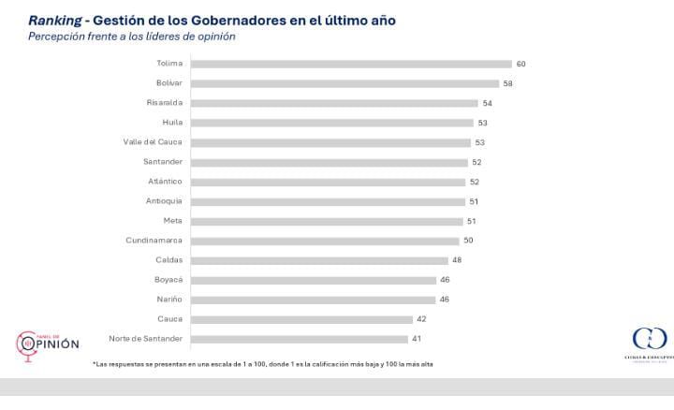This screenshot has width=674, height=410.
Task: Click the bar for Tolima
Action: pyautogui.click(x=351, y=64)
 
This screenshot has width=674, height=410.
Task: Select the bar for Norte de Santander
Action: pyautogui.click(x=300, y=339)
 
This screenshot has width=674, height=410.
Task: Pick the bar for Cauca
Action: pyautogui.click(x=301, y=319)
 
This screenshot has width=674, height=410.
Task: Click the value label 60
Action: pyautogui.click(x=521, y=64)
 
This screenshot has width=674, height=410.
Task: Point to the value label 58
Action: pyautogui.click(x=506, y=83)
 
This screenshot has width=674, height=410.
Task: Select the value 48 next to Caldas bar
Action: pyautogui.click(x=456, y=260)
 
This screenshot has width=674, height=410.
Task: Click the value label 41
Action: pyautogui.click(x=417, y=339)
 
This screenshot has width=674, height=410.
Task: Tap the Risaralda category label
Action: pyautogui.click(x=165, y=103)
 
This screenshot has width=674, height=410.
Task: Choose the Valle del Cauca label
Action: pyautogui.click(x=153, y=142)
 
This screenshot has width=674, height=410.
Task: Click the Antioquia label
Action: pyautogui.click(x=165, y=201)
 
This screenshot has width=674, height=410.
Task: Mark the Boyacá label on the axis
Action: pyautogui.click(x=168, y=280)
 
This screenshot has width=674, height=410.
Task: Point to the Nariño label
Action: pyautogui.click(x=169, y=300)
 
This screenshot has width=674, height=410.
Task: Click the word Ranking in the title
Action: pyautogui.click(x=54, y=19)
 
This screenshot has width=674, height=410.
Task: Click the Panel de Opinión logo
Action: pyautogui.click(x=49, y=344)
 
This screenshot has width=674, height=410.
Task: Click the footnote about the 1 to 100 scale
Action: pyautogui.click(x=262, y=363)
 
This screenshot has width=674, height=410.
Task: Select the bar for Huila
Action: pyautogui.click(x=332, y=123)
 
